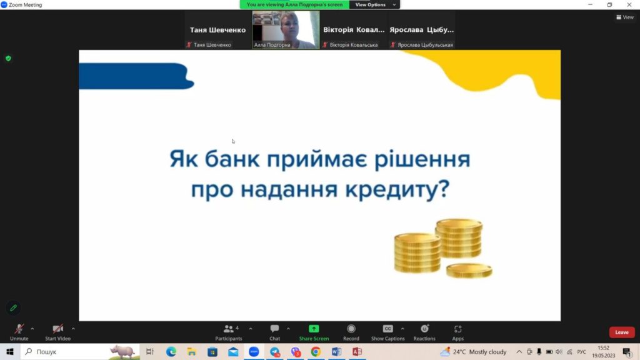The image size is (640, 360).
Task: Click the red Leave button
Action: point(622,332)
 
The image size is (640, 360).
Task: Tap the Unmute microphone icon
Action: point(19,329)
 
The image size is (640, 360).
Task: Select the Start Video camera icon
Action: point(57,329)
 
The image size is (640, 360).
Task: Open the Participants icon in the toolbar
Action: point(229,329)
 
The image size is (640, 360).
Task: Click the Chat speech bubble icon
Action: point(275,329)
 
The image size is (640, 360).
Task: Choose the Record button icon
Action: point(351,329)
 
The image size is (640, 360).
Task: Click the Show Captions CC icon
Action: point(387,329)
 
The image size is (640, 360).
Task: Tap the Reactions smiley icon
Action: point(424,329)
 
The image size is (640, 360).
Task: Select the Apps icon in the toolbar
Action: point(457,329)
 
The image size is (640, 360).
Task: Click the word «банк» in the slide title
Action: point(232,159)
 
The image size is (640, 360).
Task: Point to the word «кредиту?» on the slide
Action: point(397,189)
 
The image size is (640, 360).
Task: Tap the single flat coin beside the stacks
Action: point(469,271)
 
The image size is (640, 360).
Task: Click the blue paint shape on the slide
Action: point(136,76)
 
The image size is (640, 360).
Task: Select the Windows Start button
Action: point(10,351)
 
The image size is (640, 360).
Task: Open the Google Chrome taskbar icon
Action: point(316,351)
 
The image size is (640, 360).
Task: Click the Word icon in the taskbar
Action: point(336,351)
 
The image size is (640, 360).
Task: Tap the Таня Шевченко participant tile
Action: point(217,30)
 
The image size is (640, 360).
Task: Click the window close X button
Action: point(629,4)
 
